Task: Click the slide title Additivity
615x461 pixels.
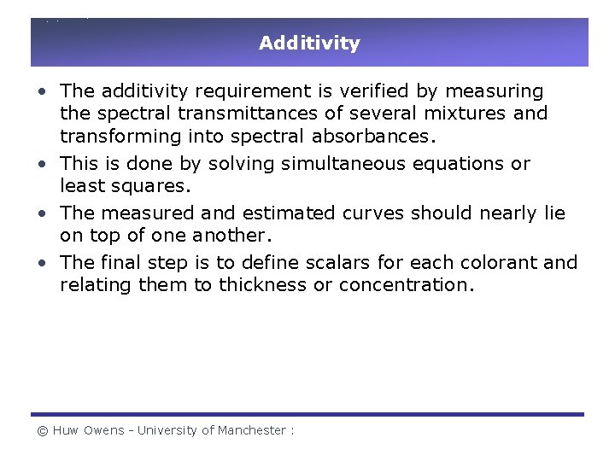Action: [309, 43]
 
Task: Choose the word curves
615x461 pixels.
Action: [376, 213]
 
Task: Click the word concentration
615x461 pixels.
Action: [405, 284]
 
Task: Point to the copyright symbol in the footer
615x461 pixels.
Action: [42, 430]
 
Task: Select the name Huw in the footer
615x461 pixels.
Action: [66, 430]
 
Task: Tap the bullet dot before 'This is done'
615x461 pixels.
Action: [42, 163]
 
